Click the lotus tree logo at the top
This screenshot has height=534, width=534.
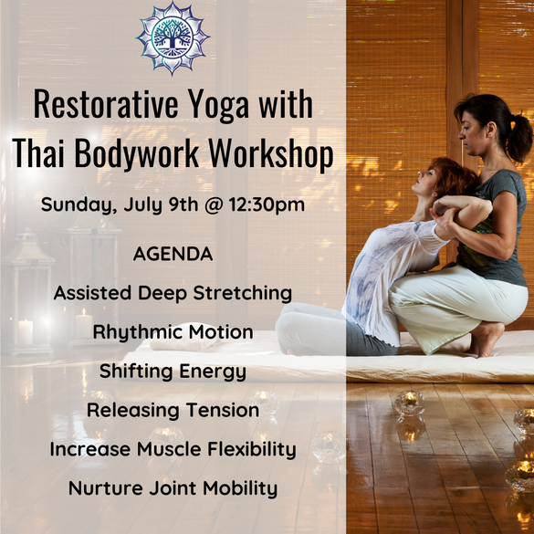[173, 38]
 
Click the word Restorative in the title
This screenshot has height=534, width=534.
[106, 104]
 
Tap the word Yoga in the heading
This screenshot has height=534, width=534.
[218, 106]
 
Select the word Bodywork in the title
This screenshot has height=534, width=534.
[137, 154]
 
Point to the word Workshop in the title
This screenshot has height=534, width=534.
[271, 154]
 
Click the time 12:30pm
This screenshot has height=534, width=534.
[267, 205]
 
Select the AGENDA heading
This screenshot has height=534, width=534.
[173, 254]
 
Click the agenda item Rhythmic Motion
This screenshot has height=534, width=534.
[173, 332]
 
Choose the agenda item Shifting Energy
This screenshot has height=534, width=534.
[173, 372]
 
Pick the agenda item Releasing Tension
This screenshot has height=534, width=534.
[173, 410]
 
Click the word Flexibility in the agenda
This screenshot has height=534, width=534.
[252, 449]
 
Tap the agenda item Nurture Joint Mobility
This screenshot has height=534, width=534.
[173, 488]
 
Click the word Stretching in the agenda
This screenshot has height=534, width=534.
[243, 294]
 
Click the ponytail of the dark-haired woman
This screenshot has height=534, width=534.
[518, 137]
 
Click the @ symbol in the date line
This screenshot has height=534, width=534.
[214, 205]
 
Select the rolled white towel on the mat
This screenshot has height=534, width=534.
[184, 337]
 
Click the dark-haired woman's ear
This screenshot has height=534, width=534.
[491, 129]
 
